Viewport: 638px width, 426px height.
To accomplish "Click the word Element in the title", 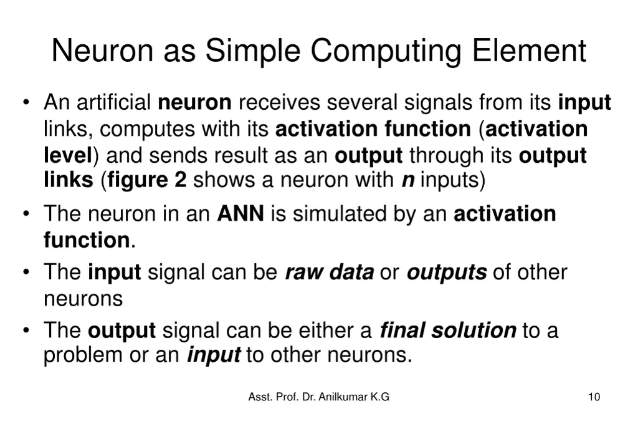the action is (x=529, y=51).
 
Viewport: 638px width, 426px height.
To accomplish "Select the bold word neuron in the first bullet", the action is (x=195, y=102).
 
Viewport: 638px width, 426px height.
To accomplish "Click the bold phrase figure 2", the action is (x=147, y=180).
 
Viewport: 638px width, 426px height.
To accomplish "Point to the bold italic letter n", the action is (x=408, y=181).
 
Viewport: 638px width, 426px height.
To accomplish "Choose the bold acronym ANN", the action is (x=240, y=214).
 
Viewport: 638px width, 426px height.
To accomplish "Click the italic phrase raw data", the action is (x=330, y=273).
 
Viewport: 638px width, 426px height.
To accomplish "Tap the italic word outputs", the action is (x=446, y=273).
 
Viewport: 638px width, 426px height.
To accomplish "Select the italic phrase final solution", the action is (x=447, y=330).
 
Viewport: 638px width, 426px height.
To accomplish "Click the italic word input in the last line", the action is (x=214, y=356).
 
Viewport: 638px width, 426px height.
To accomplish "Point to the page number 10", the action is (x=594, y=397).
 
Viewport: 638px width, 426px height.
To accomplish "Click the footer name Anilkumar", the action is (x=343, y=397).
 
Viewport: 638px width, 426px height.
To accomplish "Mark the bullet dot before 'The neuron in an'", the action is (x=26, y=215).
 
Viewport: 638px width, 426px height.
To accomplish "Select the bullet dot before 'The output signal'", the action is (x=26, y=331).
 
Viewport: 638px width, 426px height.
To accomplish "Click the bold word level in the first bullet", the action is (x=67, y=155).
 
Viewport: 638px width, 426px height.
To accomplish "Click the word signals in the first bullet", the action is (x=438, y=102).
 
